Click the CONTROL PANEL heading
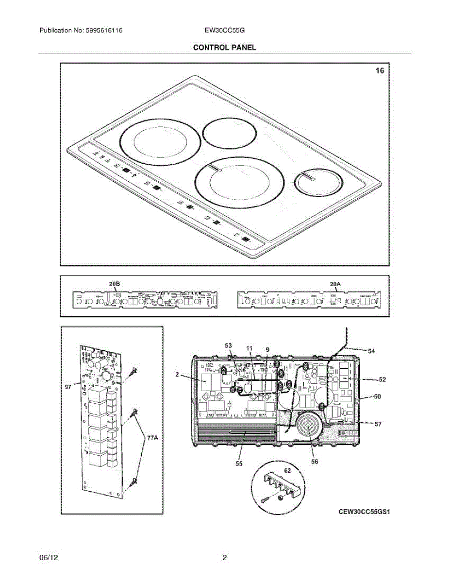tap(224, 47)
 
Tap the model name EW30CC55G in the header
tap(225, 31)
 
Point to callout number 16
tap(380, 71)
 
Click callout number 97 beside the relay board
tap(68, 387)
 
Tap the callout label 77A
tap(152, 438)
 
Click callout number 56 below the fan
tap(315, 462)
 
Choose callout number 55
tap(239, 464)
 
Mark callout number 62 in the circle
tap(287, 471)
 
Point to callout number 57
tap(378, 424)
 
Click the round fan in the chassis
tap(307, 427)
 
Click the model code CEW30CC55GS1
tap(364, 512)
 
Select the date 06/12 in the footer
tap(46, 558)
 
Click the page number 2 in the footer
tap(225, 558)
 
